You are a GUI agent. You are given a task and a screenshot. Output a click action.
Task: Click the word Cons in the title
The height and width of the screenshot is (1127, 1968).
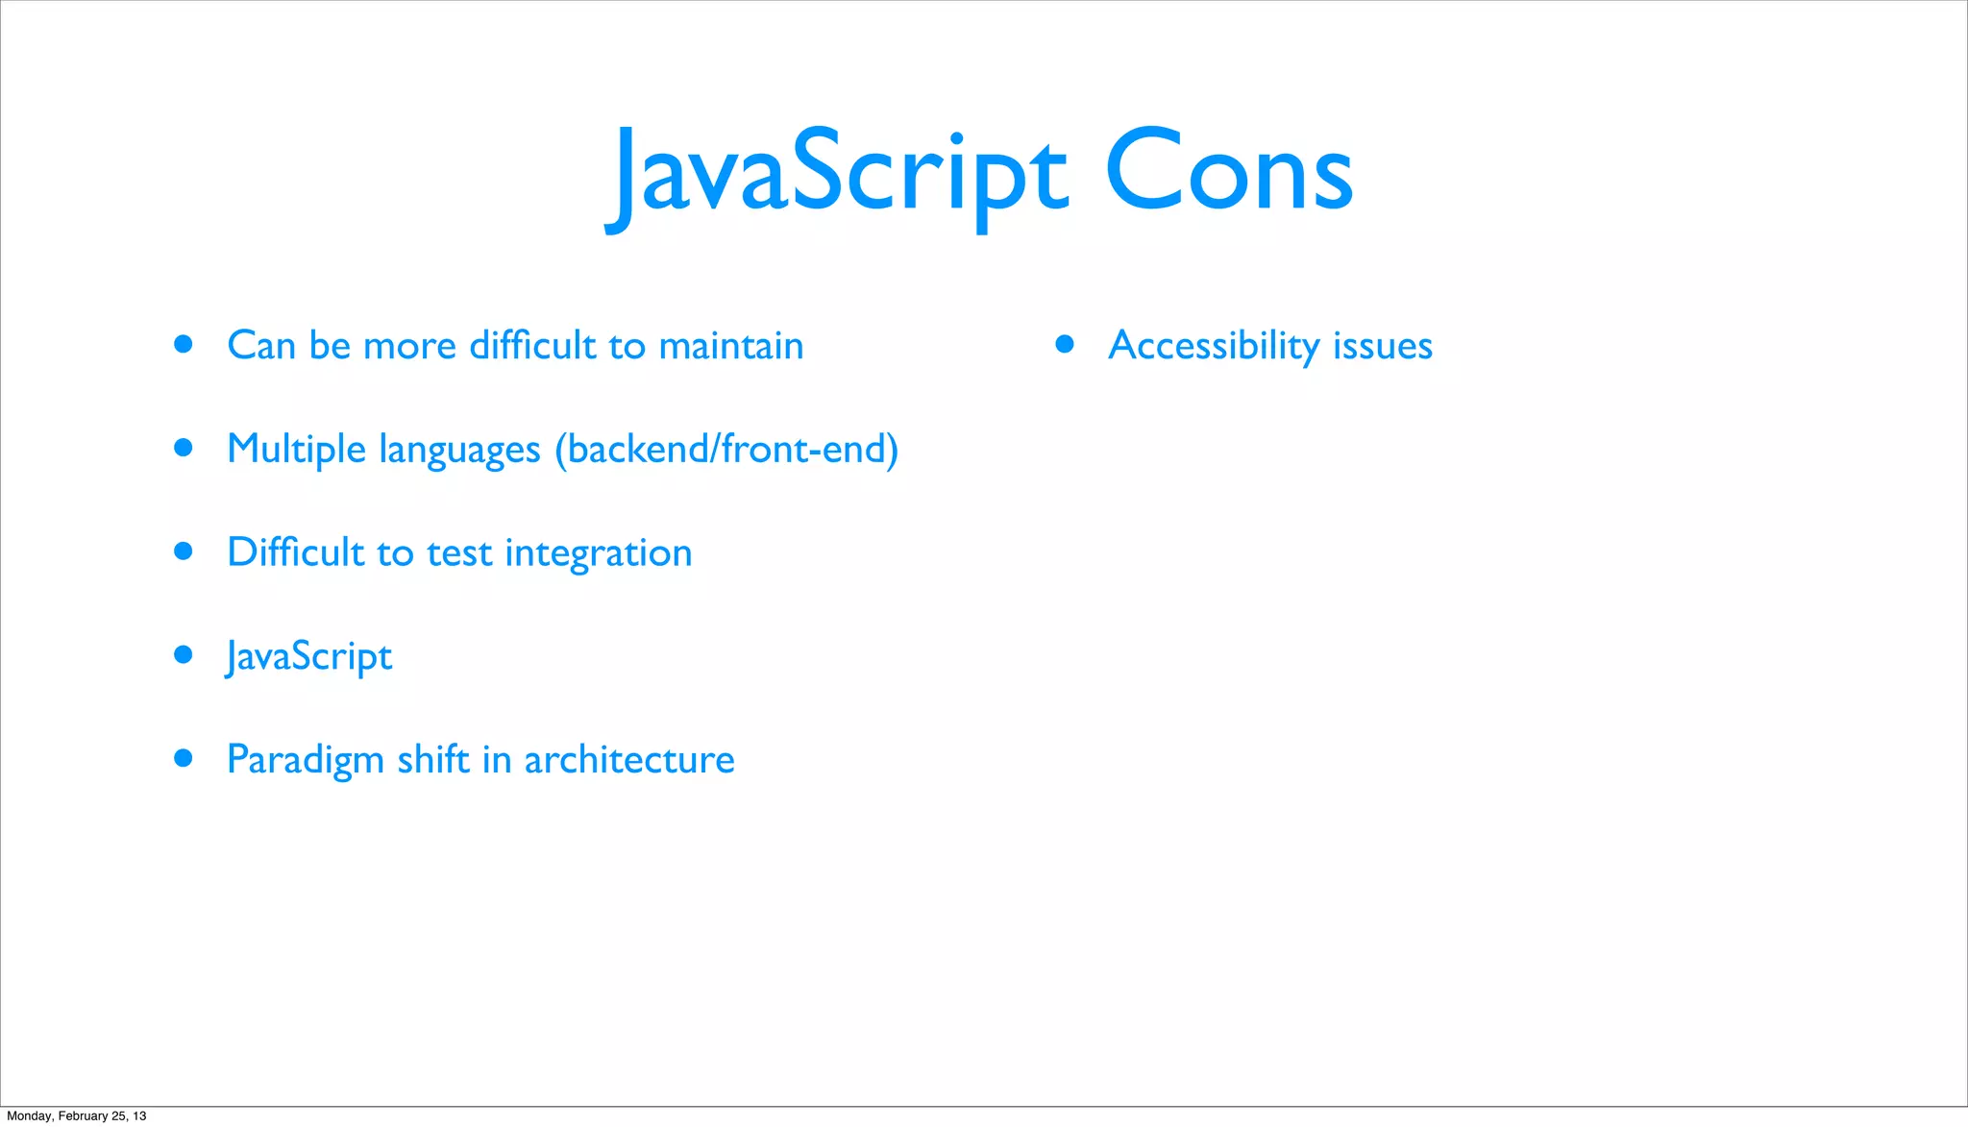1229,173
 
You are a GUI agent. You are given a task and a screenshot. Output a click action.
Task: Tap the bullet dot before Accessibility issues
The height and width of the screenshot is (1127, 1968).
1064,344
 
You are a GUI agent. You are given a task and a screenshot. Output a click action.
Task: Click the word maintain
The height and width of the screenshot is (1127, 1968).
731,346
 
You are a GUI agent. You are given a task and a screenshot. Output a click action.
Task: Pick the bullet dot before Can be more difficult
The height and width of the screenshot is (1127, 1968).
184,344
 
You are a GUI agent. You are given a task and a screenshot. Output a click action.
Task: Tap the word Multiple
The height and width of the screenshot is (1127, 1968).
296,450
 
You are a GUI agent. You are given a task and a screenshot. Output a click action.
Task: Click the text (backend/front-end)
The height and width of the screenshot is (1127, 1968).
726,450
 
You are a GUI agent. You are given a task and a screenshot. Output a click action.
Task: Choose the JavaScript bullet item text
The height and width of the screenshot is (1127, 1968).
309,657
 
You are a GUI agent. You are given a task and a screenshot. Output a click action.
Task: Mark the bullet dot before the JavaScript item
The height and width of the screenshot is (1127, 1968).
184,655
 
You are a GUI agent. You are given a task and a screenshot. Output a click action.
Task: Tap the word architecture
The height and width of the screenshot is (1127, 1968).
628,760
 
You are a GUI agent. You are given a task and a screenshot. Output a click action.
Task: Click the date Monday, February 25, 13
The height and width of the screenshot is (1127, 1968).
77,1115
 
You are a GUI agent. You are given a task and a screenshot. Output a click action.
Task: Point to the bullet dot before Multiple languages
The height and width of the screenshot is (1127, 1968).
184,447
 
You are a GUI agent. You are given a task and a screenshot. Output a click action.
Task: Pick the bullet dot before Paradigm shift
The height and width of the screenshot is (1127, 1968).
184,758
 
